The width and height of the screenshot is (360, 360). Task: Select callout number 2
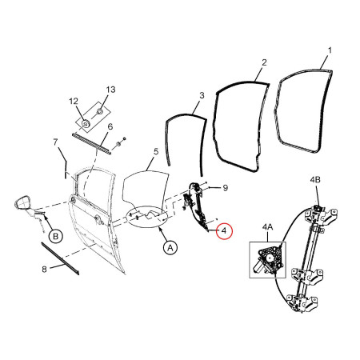(262, 62)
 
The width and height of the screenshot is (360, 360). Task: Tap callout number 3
(202, 94)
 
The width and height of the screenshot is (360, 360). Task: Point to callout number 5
(157, 150)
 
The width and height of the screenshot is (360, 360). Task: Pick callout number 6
(110, 126)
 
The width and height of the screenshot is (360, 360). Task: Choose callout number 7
(56, 142)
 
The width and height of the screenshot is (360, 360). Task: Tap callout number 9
(226, 188)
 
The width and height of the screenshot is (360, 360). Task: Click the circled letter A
(170, 248)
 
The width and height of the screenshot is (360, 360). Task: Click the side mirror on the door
(24, 203)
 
